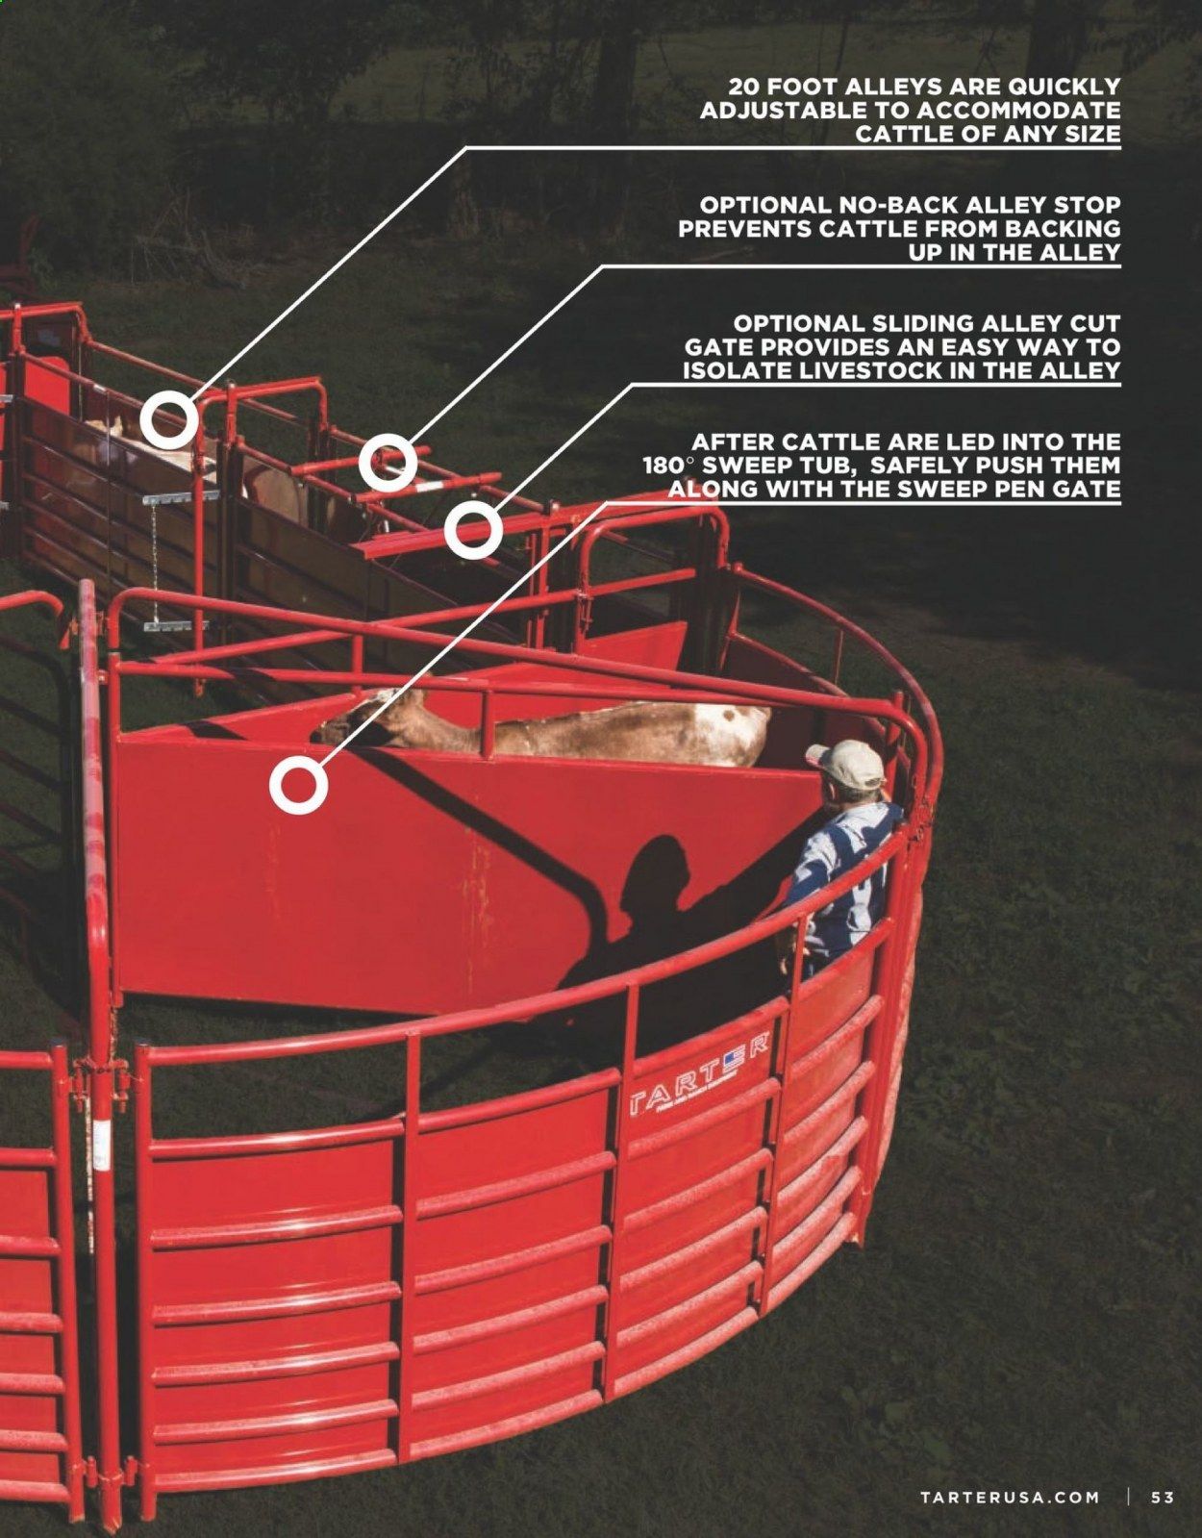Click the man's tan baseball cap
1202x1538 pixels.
click(x=849, y=766)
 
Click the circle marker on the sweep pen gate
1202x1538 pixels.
click(x=298, y=785)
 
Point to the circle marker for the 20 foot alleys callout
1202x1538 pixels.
click(x=169, y=420)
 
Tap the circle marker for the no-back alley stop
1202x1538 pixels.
click(x=388, y=464)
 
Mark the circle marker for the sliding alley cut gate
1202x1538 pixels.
click(x=473, y=529)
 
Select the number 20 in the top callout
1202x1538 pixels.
click(x=744, y=87)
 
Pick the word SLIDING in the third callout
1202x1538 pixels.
click(x=919, y=323)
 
